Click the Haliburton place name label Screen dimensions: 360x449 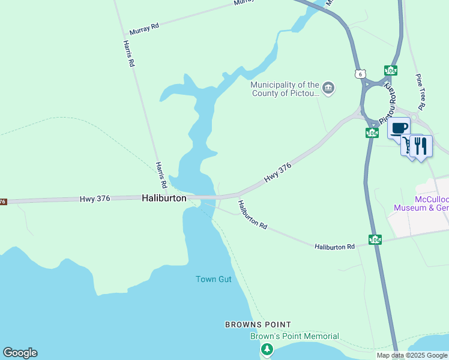tap(164, 197)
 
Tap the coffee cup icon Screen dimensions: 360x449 tap(399, 127)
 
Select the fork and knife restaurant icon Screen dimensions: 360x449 tap(421, 146)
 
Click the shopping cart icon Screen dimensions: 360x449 tap(409, 145)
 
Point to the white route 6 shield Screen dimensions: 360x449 tap(359, 74)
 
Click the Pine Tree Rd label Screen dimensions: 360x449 tap(420, 92)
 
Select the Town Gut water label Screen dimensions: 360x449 tap(213, 280)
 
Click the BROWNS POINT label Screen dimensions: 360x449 tap(258, 325)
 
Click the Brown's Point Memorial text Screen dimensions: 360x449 tap(294, 337)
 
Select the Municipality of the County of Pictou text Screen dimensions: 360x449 tap(285, 89)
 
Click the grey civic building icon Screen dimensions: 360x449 tap(328, 89)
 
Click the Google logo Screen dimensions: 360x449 tap(20, 353)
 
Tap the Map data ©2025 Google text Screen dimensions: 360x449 tap(412, 355)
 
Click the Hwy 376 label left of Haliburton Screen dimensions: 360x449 tap(95, 199)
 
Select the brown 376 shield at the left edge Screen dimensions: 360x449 tap(2, 202)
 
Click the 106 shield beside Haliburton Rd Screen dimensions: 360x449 tap(375, 239)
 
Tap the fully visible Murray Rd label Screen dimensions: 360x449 tap(144, 29)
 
